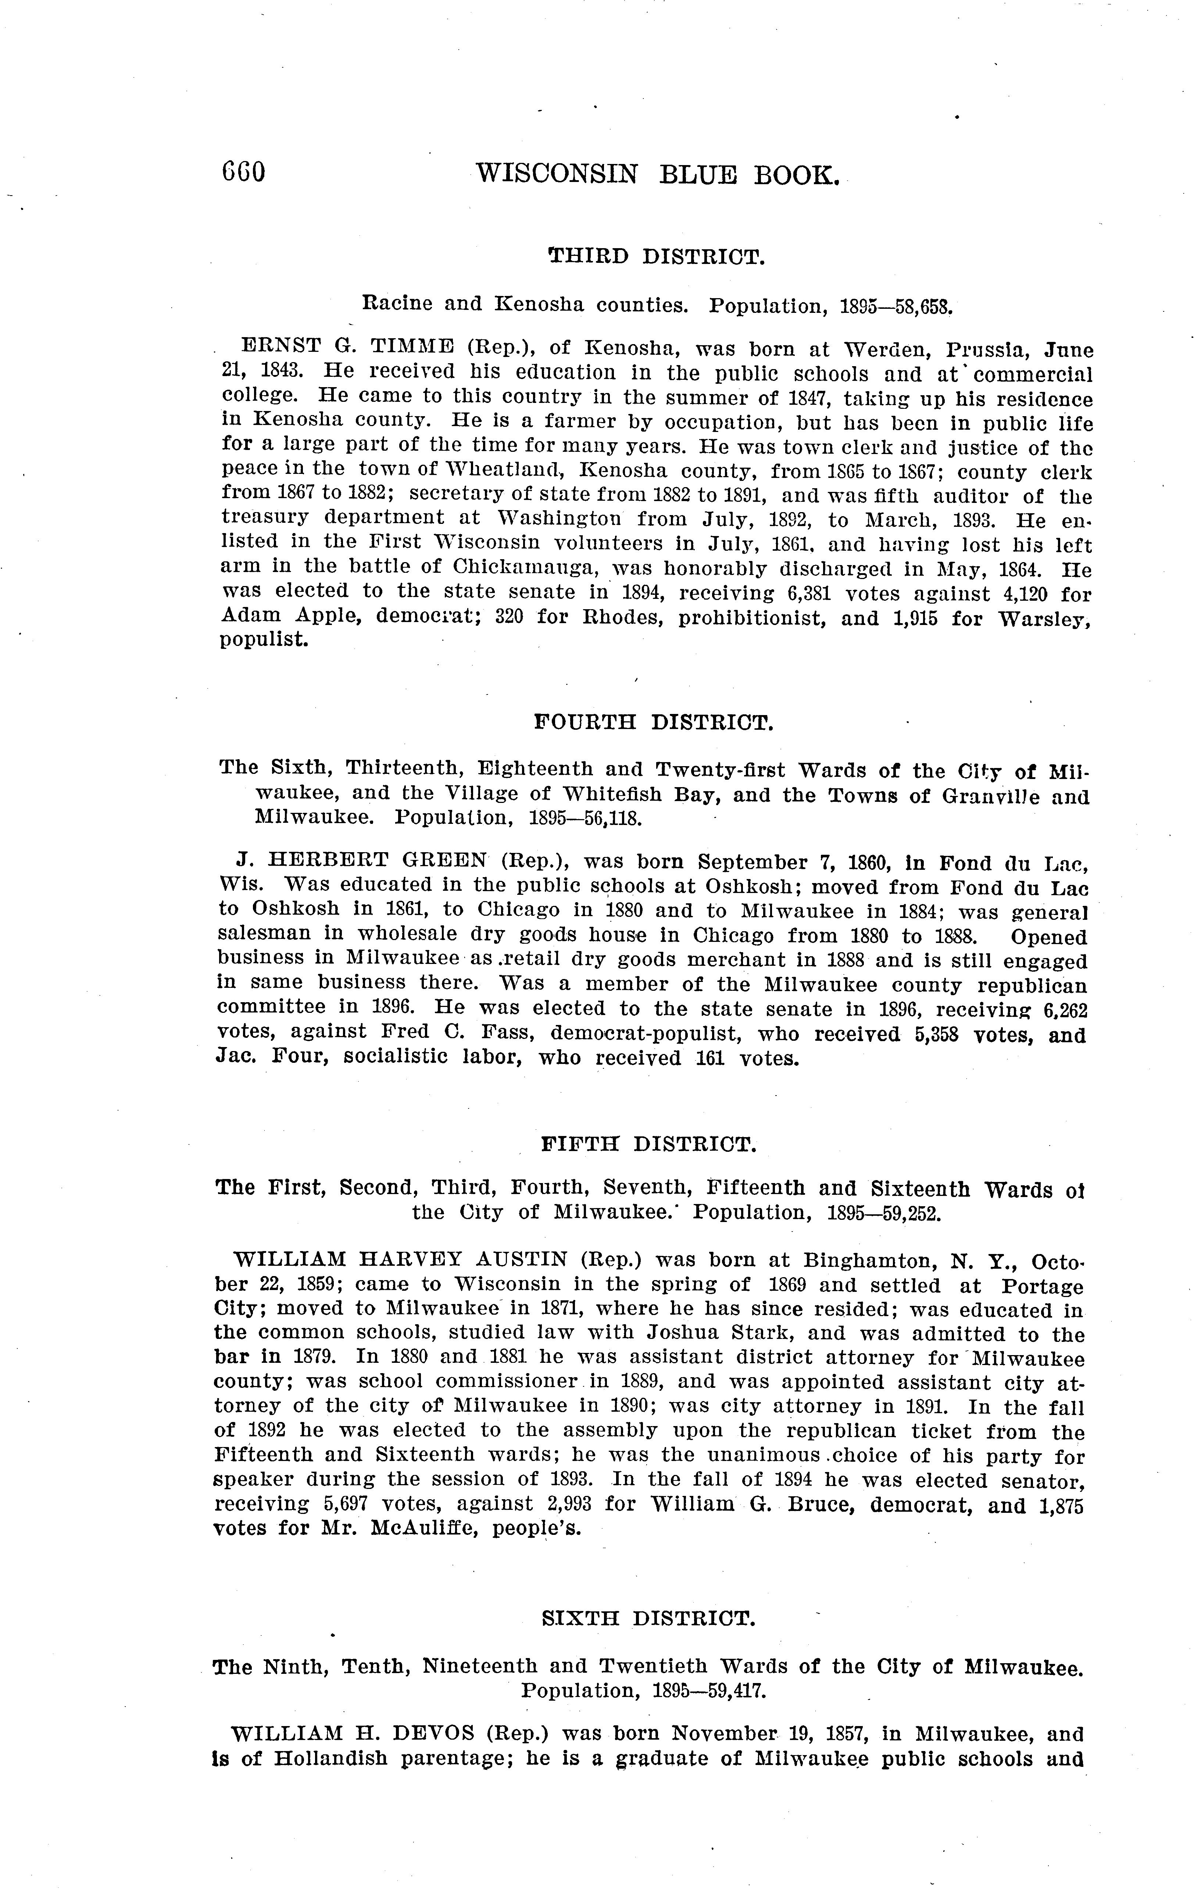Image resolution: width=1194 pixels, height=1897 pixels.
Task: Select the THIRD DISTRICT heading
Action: pos(656,257)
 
